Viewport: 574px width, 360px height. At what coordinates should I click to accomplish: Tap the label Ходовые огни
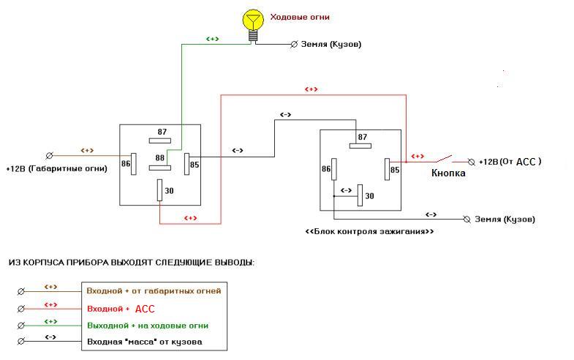pyautogui.click(x=300, y=17)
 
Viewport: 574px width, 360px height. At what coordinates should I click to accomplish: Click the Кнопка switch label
pyautogui.click(x=448, y=173)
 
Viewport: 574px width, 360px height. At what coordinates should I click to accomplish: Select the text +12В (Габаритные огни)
pyautogui.click(x=56, y=168)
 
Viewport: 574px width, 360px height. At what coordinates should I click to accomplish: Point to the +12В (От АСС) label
pyautogui.click(x=510, y=162)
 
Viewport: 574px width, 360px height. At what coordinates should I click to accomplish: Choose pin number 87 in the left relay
pyautogui.click(x=162, y=132)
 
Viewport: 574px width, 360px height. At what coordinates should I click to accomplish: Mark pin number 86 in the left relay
pyautogui.click(x=126, y=163)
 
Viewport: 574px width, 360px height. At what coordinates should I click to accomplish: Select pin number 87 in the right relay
pyautogui.click(x=362, y=138)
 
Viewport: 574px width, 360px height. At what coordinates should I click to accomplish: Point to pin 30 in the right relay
pyautogui.click(x=370, y=196)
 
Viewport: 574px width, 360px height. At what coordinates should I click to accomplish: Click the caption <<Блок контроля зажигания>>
pyautogui.click(x=369, y=231)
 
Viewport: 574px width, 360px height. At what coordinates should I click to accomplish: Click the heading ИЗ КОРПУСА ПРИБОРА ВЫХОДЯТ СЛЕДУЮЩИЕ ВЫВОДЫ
pyautogui.click(x=131, y=262)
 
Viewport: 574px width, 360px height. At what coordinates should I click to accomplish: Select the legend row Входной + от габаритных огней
pyautogui.click(x=154, y=290)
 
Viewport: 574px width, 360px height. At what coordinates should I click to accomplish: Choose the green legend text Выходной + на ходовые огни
pyautogui.click(x=148, y=325)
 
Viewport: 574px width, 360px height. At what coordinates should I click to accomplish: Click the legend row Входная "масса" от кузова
pyautogui.click(x=144, y=342)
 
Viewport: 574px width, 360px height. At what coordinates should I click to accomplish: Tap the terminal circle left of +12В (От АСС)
pyautogui.click(x=472, y=161)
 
